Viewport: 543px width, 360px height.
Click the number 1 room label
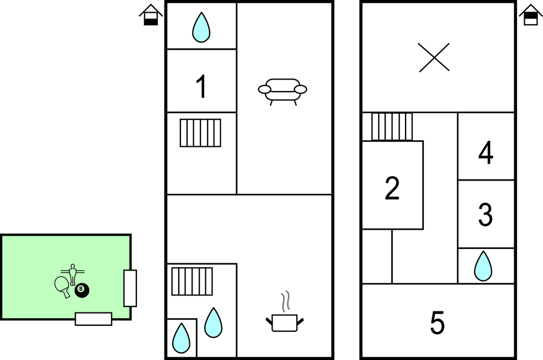202,87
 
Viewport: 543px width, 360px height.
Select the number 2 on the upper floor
392,189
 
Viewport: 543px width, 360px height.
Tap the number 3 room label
485,215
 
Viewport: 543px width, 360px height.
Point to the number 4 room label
486,153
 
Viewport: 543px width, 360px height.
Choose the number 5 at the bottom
437,323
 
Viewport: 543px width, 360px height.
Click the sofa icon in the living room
283,90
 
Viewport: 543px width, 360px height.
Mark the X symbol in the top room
434,57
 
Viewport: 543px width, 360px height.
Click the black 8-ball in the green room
82,289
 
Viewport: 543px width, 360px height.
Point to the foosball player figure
72,273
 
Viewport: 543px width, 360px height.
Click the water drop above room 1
201,27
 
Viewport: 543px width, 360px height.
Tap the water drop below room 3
483,266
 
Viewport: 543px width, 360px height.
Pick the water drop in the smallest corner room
180,337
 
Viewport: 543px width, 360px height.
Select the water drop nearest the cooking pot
214,322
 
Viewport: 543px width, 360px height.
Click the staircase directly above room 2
392,126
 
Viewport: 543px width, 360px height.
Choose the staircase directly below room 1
200,133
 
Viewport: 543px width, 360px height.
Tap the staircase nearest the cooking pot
192,281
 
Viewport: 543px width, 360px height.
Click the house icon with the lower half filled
151,15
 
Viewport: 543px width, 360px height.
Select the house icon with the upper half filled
530,15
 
